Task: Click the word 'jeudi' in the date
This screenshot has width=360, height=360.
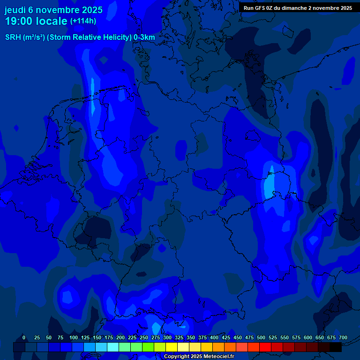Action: coord(15,10)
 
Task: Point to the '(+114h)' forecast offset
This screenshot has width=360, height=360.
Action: coord(83,21)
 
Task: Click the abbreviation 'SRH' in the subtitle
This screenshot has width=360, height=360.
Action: coord(13,37)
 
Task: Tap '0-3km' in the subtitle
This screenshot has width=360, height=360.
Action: coord(144,37)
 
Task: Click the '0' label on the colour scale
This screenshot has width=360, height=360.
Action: coord(24,337)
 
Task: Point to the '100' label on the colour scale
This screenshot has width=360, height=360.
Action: coord(74,337)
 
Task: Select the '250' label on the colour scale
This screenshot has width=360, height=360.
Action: coord(144,337)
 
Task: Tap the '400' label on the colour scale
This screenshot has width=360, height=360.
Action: coord(214,337)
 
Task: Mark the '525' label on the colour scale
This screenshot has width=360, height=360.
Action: coord(273,337)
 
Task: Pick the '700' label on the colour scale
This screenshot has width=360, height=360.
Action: coord(343,337)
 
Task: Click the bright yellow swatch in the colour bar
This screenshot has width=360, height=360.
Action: coord(172,347)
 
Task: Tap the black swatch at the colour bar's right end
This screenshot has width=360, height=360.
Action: coord(336,347)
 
